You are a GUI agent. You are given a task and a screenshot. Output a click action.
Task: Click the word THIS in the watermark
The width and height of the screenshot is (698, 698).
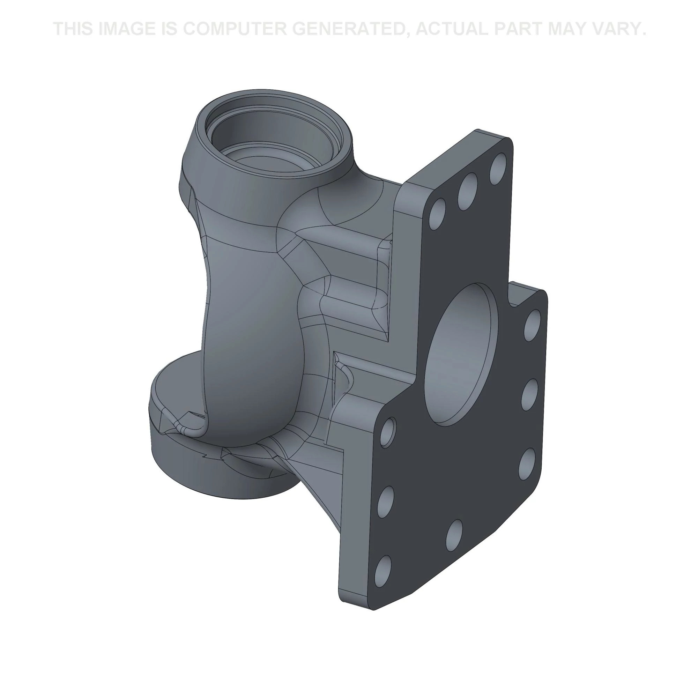coord(74,29)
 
